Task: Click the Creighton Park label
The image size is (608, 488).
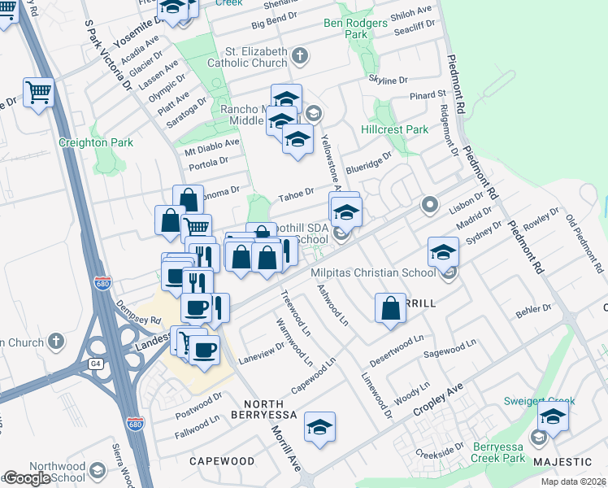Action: (95, 142)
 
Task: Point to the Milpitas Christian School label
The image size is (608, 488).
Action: (374, 273)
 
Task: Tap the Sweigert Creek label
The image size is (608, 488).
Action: (538, 401)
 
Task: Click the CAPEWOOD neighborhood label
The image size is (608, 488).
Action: (223, 460)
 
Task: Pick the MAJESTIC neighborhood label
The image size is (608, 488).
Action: (569, 461)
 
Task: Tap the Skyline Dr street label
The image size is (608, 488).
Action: (387, 80)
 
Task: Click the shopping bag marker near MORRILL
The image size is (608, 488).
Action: (390, 308)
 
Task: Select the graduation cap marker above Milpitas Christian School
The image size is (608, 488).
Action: (443, 251)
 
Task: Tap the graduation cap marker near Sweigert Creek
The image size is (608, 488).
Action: (553, 418)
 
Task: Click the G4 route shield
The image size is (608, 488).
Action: (97, 364)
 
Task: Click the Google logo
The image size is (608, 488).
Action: (27, 478)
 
